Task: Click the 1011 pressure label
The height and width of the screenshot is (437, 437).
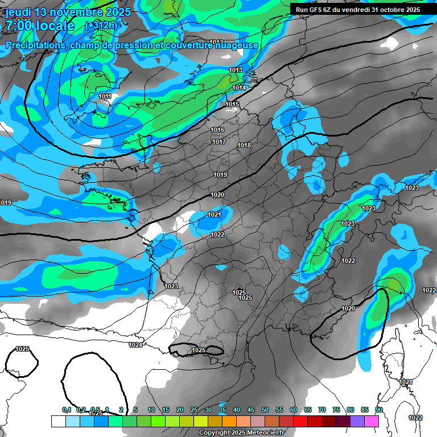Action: [x=105, y=97]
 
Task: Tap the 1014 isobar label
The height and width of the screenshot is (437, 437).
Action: [x=239, y=88]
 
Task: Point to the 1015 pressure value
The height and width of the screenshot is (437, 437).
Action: [x=232, y=104]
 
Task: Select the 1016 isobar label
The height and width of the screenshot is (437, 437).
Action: [x=217, y=130]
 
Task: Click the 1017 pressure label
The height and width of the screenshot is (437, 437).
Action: [x=219, y=142]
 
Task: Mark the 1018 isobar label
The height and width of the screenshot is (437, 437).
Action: [x=244, y=146]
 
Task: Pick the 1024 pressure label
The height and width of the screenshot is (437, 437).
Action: [x=135, y=345]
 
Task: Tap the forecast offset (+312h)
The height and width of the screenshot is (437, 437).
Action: [x=101, y=26]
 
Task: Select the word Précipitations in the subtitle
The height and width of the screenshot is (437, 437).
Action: [x=35, y=46]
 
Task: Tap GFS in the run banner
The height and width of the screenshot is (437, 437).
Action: [x=319, y=10]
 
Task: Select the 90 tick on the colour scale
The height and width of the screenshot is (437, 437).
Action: [x=378, y=410]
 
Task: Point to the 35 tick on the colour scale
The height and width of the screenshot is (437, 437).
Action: [x=222, y=410]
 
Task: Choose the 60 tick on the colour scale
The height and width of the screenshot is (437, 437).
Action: [x=294, y=410]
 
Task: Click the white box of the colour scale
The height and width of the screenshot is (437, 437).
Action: [x=58, y=421]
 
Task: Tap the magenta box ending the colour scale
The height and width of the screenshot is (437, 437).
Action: [x=372, y=421]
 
